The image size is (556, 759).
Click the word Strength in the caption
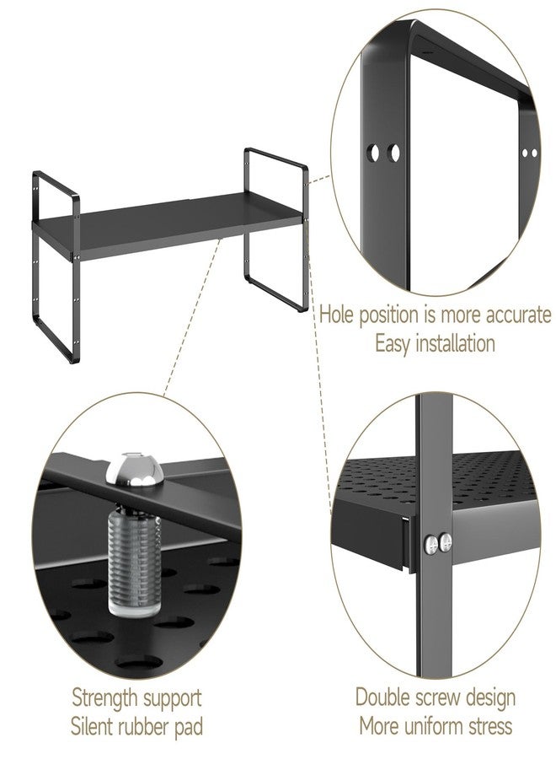pos(104,698)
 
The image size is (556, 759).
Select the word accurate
pos(518,315)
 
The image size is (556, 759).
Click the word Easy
pos(393,345)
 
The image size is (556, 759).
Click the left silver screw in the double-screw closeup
pos(432,544)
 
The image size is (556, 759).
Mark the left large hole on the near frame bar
pos(373,153)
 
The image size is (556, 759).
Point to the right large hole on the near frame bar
pos(394,153)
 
